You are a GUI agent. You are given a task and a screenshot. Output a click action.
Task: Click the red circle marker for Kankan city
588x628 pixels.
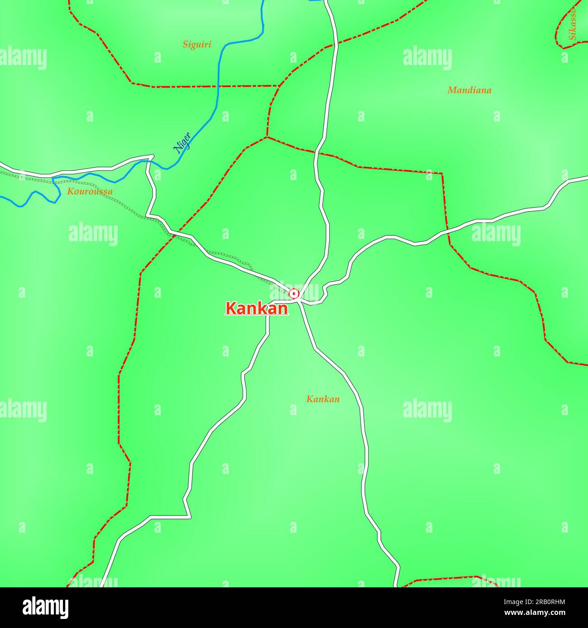click(294, 294)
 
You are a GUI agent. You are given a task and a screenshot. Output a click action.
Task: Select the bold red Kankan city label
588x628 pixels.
click(256, 309)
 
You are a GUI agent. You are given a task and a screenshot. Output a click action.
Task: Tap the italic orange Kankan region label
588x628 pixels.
click(322, 399)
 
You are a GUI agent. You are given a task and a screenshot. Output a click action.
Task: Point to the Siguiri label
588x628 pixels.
click(197, 44)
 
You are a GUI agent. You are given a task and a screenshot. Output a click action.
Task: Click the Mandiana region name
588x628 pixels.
click(469, 90)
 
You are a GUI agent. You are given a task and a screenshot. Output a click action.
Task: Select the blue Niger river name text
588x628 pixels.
click(182, 142)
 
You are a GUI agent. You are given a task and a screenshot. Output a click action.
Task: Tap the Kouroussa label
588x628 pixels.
click(90, 192)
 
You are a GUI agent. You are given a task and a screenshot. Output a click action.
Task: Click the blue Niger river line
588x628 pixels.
click(218, 81)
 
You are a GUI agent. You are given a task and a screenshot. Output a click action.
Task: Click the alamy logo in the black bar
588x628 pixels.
click(45, 608)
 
